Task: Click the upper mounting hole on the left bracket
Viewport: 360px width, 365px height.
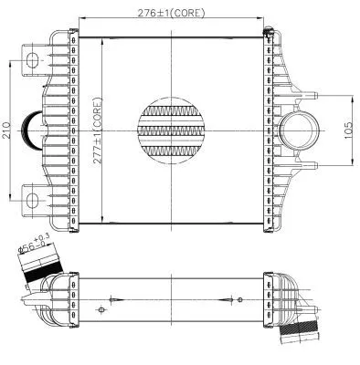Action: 35,61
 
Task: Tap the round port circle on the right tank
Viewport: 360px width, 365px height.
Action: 299,130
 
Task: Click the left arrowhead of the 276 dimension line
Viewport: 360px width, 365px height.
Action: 82,20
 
